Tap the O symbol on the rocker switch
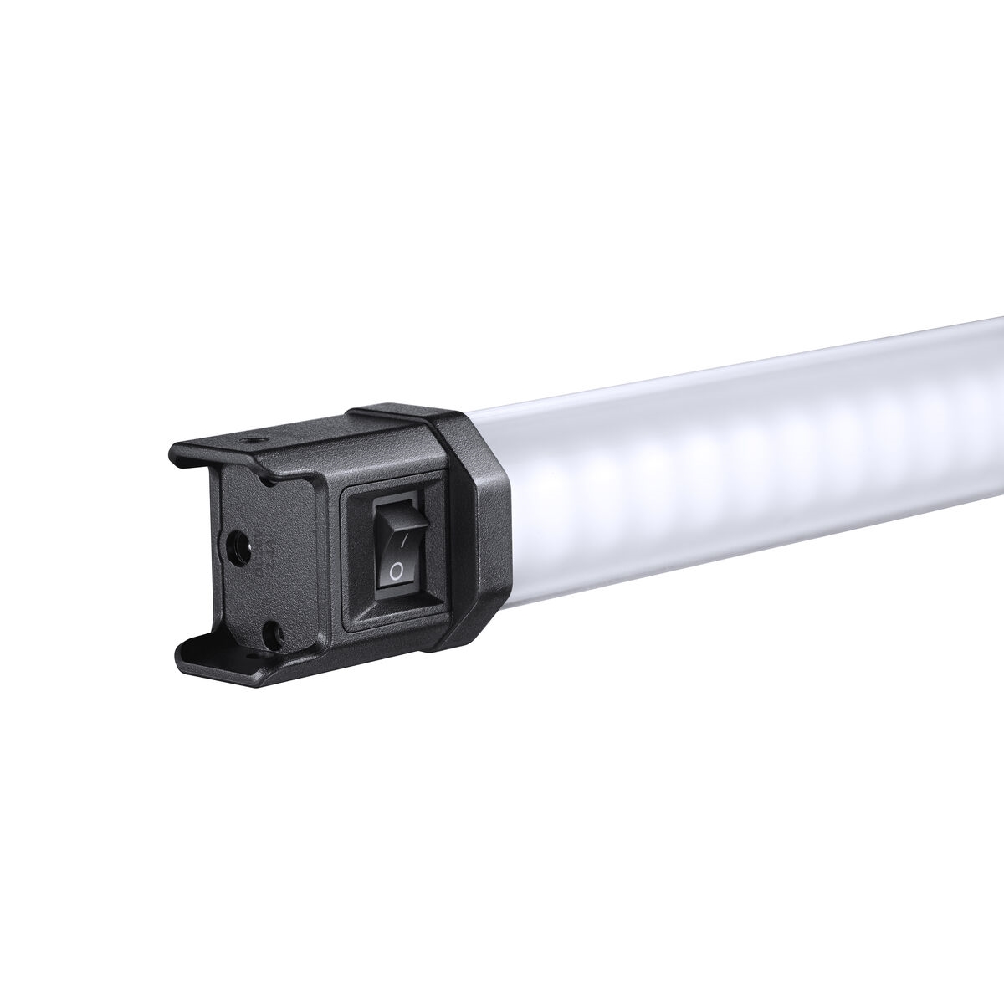(397, 571)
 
